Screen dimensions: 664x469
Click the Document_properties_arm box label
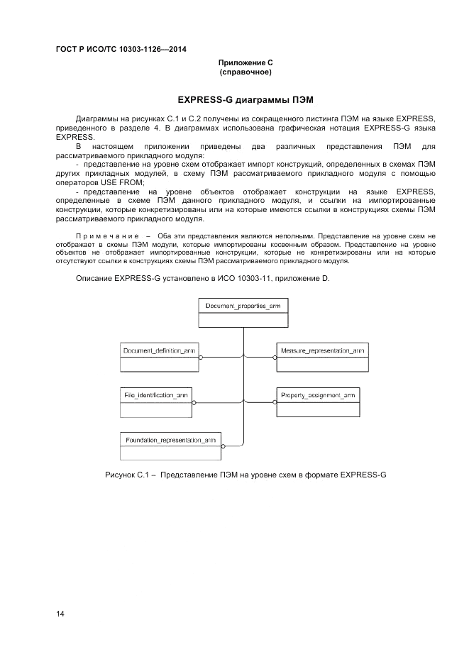tap(243, 306)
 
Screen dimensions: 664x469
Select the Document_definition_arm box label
tap(159, 351)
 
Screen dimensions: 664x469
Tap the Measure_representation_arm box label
tap(323, 351)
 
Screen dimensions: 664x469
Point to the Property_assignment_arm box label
tap(318, 394)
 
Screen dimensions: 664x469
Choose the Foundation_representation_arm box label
tap(170, 440)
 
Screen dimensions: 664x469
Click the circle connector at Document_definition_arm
tap(202, 358)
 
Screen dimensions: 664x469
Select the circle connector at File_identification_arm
tap(192, 402)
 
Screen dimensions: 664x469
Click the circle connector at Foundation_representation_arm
tap(223, 447)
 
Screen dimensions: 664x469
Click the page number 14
tap(60, 614)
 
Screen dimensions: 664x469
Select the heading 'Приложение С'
tap(245, 63)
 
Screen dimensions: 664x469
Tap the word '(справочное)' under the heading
tap(245, 72)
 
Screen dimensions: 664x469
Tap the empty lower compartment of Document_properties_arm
tap(243, 320)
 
